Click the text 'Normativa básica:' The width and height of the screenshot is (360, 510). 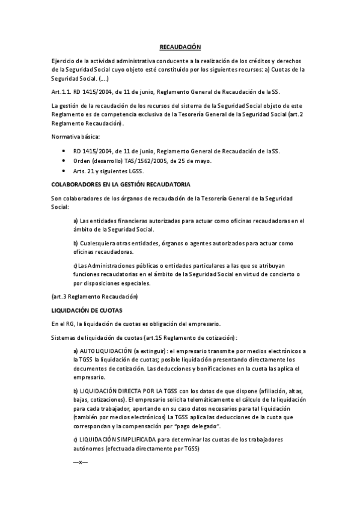point(76,137)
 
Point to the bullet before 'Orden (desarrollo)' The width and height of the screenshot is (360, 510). point(64,161)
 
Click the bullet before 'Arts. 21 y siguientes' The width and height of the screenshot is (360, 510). point(64,171)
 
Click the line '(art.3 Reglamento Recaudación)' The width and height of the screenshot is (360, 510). point(95,297)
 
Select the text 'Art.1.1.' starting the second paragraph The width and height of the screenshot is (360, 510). point(62,92)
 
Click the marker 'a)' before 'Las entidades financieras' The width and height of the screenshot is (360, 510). point(76,221)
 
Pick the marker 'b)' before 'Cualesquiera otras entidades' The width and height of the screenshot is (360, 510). point(76,243)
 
